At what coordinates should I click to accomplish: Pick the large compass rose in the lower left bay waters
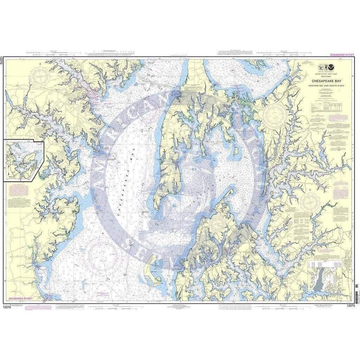click(x=103, y=256)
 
